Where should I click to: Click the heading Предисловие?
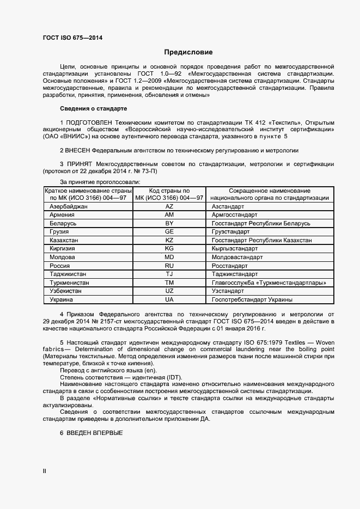pos(188,53)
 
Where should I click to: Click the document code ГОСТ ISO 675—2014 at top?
pos(72,38)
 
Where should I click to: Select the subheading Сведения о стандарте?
pos(93,109)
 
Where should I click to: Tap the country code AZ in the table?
pos(169,207)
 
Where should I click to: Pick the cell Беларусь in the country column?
pos(63,224)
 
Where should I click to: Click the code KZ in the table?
pos(169,240)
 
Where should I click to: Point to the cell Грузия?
pos(59,232)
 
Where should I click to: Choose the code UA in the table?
pos(169,299)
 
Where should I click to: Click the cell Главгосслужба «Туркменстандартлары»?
pos(269,283)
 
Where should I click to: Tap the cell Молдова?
pos(62,257)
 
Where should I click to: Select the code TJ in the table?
pos(169,274)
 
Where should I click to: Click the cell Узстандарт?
pos(229,291)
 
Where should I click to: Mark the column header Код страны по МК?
pos(169,194)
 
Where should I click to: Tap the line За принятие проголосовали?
pos(100,181)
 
